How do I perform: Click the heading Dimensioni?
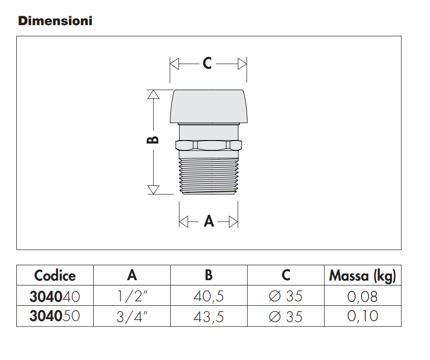55,21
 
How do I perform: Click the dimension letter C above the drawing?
207,64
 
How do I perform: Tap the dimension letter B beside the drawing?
153,140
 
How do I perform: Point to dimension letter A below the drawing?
209,221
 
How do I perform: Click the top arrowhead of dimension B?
154,94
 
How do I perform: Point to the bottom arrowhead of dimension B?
154,190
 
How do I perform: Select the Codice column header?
55,276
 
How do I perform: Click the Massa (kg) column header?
362,276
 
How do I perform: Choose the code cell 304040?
55,296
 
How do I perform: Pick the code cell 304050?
55,316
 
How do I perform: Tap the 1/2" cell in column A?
132,296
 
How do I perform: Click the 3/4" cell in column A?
132,316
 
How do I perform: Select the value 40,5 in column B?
209,296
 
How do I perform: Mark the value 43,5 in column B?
209,316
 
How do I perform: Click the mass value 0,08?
362,296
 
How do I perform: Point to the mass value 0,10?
362,316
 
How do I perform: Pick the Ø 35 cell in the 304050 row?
286,316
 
